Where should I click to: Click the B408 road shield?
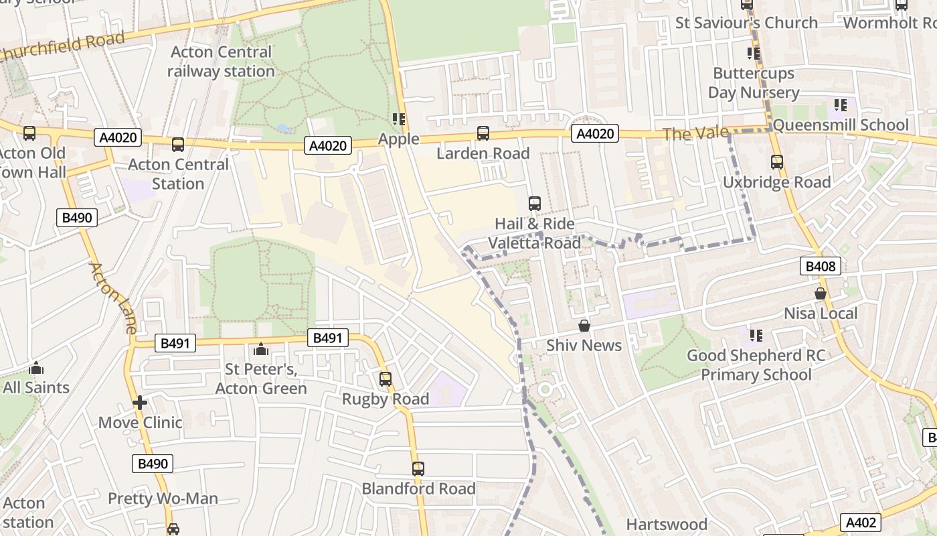point(820,266)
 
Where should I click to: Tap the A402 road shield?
point(860,523)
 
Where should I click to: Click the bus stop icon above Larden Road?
point(483,133)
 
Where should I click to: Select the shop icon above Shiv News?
point(584,326)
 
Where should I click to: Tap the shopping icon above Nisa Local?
point(821,293)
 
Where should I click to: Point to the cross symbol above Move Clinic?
point(139,403)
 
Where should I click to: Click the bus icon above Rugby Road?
point(385,379)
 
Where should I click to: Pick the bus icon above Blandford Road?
point(418,469)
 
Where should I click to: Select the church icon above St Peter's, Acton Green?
point(261,349)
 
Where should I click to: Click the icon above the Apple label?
point(399,119)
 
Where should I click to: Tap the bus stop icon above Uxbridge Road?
point(776,162)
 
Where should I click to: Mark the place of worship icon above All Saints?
point(36,368)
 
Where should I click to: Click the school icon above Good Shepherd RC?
point(756,335)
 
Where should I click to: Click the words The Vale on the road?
point(695,133)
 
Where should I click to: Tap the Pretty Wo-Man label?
point(163,498)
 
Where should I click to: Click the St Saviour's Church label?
point(746,23)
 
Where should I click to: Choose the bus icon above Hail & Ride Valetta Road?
point(534,204)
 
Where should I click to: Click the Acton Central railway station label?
point(221,62)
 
